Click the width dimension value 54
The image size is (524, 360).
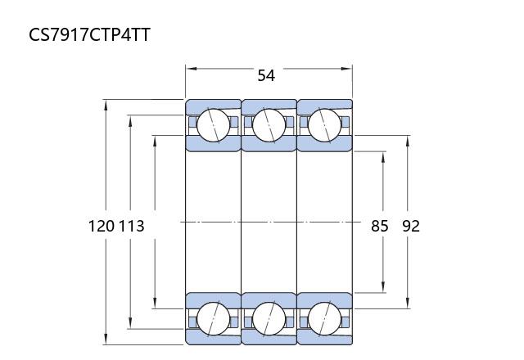click(x=266, y=75)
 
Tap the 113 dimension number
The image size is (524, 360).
click(x=131, y=226)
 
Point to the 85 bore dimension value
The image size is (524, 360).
click(x=379, y=226)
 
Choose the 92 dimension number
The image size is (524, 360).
click(x=410, y=226)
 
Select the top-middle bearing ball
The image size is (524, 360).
click(x=269, y=125)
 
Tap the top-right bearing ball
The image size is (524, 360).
click(x=323, y=125)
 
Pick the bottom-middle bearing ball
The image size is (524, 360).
click(x=269, y=317)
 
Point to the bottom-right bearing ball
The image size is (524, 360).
click(x=323, y=317)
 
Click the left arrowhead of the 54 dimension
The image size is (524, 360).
click(x=189, y=68)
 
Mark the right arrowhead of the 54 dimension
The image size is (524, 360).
click(x=349, y=68)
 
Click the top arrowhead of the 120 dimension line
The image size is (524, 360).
click(x=106, y=103)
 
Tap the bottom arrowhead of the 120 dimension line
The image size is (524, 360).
click(x=106, y=340)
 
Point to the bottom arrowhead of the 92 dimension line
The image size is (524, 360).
click(x=409, y=305)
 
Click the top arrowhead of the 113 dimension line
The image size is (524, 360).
click(x=129, y=119)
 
